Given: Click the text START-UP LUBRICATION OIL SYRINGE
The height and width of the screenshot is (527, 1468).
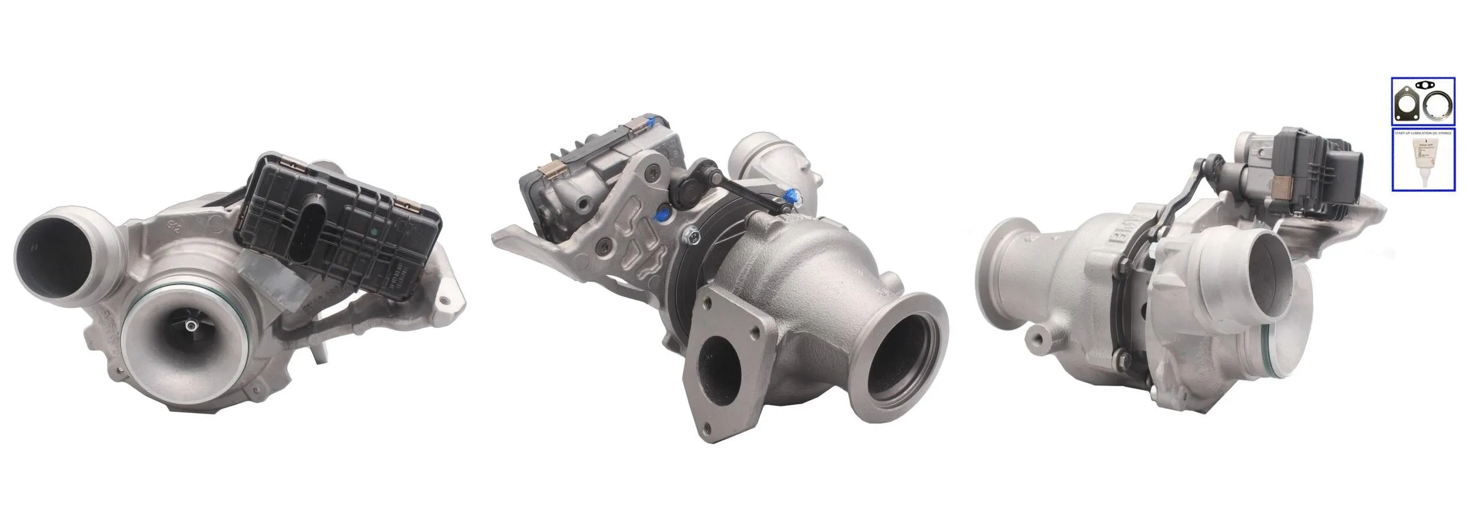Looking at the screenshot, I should (1423, 134).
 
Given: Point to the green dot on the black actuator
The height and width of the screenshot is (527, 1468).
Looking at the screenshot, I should (372, 232).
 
